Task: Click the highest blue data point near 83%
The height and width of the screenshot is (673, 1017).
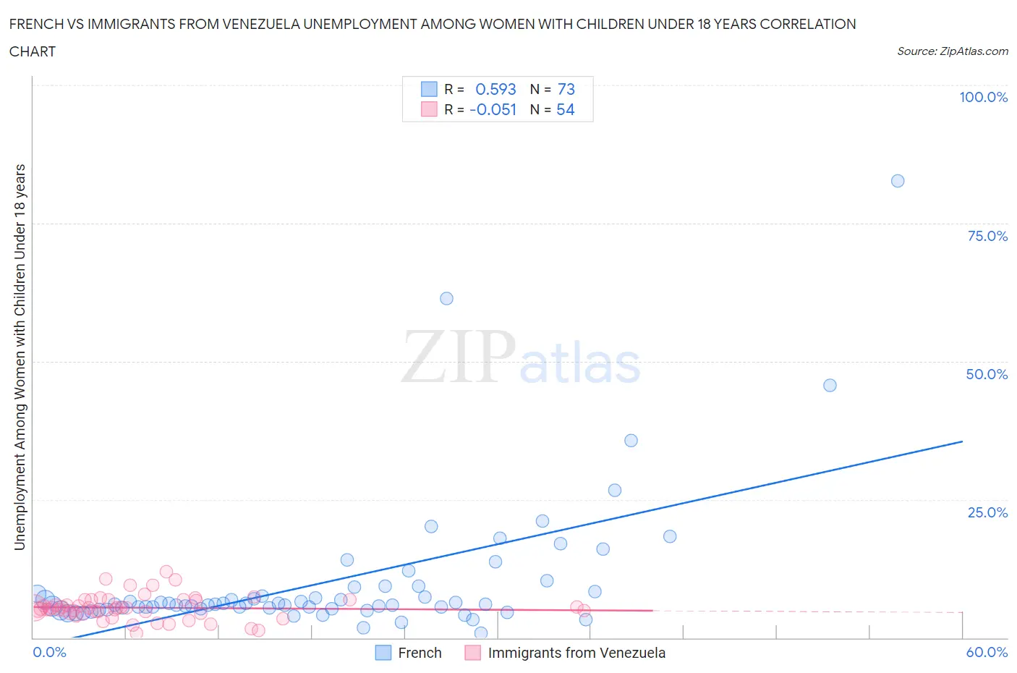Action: click(x=898, y=181)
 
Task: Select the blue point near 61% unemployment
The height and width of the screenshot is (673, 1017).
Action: click(x=446, y=299)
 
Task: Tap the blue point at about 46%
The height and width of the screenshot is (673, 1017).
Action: click(x=830, y=385)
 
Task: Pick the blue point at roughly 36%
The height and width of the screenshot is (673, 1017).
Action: click(x=631, y=441)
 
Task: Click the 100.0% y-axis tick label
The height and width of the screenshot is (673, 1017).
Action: click(x=983, y=98)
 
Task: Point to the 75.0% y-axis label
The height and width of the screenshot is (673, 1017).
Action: click(x=987, y=236)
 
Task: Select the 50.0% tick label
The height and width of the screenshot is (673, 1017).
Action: click(x=987, y=374)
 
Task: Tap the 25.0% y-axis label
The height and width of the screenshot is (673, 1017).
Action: click(x=987, y=512)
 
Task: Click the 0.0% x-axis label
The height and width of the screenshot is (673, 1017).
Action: click(x=50, y=652)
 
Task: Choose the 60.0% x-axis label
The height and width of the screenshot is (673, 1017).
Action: click(x=987, y=652)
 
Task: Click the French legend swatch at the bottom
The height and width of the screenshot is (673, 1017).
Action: click(x=383, y=653)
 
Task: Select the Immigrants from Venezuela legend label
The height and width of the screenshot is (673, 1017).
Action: click(x=576, y=653)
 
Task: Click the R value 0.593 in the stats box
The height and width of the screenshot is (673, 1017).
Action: click(x=495, y=89)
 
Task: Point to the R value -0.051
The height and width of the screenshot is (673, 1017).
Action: click(x=493, y=109)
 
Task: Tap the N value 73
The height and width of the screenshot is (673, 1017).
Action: click(x=566, y=89)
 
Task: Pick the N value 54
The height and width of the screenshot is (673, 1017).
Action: click(x=566, y=109)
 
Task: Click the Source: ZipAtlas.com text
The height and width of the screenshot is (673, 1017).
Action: click(x=952, y=51)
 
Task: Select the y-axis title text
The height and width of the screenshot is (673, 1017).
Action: click(x=20, y=357)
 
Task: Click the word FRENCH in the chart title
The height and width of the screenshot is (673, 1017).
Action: click(x=36, y=24)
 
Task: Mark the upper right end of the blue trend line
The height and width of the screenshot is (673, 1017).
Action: click(x=962, y=441)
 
